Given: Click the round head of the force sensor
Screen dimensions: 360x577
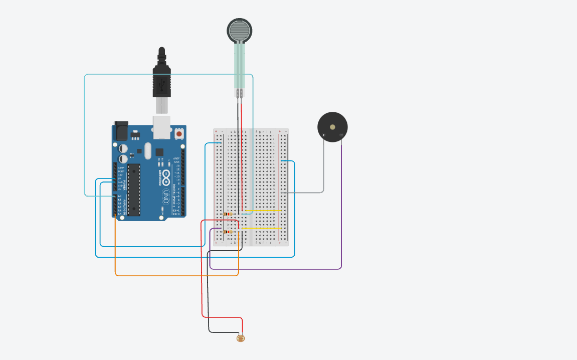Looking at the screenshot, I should click(239, 31).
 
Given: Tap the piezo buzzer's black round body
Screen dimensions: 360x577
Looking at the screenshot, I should click(332, 126).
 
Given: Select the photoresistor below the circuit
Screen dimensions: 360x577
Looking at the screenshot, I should click(241, 338).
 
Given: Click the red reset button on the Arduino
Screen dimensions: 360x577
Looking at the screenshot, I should click(179, 134).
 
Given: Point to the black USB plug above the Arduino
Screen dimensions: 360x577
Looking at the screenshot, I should click(161, 80).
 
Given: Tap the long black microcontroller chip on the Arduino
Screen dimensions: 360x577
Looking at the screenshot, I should click(133, 189).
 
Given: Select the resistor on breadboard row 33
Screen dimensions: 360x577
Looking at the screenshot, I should click(228, 214).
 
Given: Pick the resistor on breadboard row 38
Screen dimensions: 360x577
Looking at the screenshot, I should click(228, 232).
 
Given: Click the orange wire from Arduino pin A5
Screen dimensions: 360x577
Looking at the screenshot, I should click(175, 275).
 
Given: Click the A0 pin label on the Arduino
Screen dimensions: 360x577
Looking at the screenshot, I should click(119, 196).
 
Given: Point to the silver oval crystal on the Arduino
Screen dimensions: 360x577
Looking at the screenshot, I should click(147, 150).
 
